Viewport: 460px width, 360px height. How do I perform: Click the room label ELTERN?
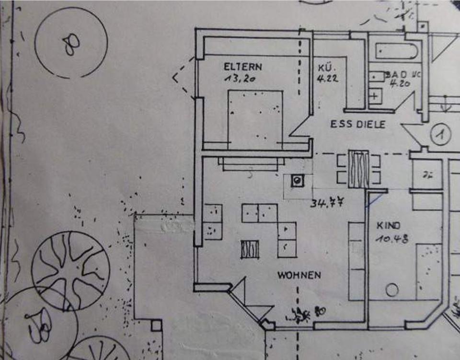(243, 67)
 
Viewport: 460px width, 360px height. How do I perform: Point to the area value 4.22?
(328, 78)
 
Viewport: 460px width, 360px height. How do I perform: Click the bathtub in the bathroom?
(397, 51)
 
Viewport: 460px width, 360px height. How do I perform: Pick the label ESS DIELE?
(358, 124)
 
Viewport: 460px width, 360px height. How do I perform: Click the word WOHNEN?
(299, 275)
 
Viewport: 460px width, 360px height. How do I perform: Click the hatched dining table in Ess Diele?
(358, 169)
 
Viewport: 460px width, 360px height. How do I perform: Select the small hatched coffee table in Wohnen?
(250, 249)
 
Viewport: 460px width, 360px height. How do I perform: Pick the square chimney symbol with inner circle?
(297, 181)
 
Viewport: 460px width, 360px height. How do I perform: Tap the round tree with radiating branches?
(70, 264)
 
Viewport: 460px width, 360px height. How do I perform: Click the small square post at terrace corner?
(156, 325)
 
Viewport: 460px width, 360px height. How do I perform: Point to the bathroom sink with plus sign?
(374, 95)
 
